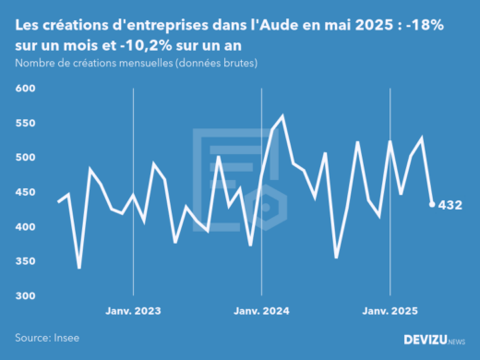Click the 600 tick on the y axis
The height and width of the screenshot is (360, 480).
(x=24, y=89)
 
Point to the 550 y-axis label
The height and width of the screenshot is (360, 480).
(x=24, y=124)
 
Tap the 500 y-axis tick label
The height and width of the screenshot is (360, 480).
(x=24, y=158)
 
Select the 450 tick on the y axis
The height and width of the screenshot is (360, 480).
(x=24, y=193)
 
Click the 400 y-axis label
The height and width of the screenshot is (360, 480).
(x=24, y=227)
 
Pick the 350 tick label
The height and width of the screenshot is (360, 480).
(x=24, y=262)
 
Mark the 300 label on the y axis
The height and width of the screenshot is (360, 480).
(x=24, y=296)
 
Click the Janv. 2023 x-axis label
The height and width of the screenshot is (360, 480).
(x=135, y=312)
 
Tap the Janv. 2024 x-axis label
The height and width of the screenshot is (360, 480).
(x=263, y=312)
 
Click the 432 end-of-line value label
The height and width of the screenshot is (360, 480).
(x=450, y=205)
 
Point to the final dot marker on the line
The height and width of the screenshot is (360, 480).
(x=432, y=205)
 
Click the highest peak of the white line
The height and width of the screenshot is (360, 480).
(x=282, y=116)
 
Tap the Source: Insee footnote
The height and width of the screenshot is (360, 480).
(x=46, y=339)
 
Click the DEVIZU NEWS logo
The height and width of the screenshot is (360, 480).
(x=435, y=340)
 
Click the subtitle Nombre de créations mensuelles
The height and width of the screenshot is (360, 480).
(x=136, y=64)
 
